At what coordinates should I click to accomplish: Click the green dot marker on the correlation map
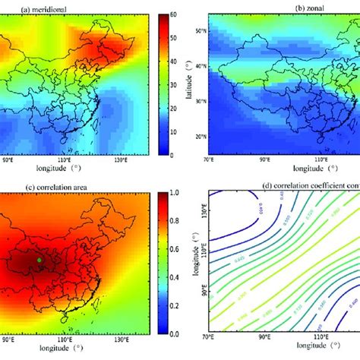pyautogui.click(x=39, y=261)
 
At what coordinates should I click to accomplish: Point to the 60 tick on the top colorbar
pyautogui.click(x=174, y=14)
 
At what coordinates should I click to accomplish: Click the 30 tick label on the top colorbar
pyautogui.click(x=174, y=84)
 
